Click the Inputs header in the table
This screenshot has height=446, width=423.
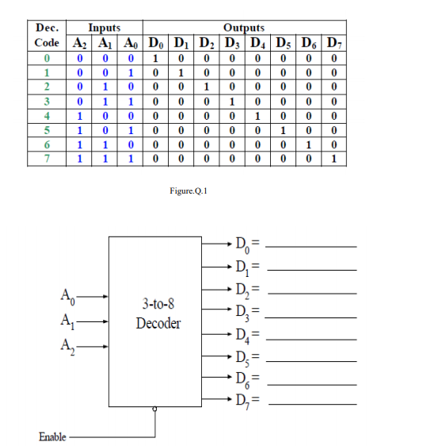coord(104,28)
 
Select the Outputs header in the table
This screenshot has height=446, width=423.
coord(245,28)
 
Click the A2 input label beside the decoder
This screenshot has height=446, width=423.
coord(67,346)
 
